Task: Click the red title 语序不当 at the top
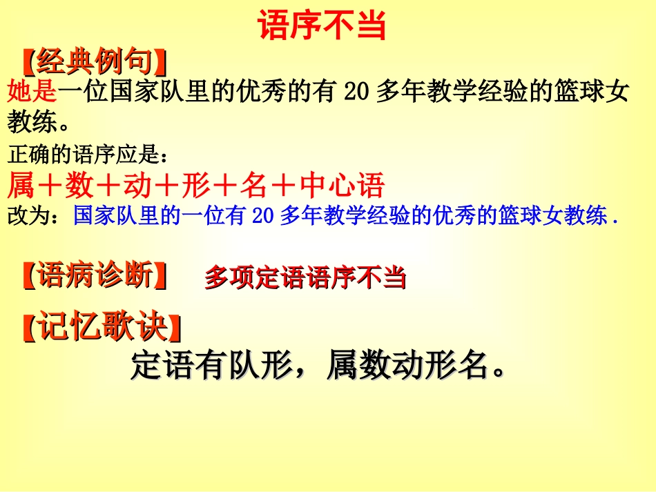click(x=322, y=26)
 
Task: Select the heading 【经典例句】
click(x=95, y=62)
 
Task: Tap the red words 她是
click(x=31, y=92)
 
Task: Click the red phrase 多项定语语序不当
click(x=305, y=277)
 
